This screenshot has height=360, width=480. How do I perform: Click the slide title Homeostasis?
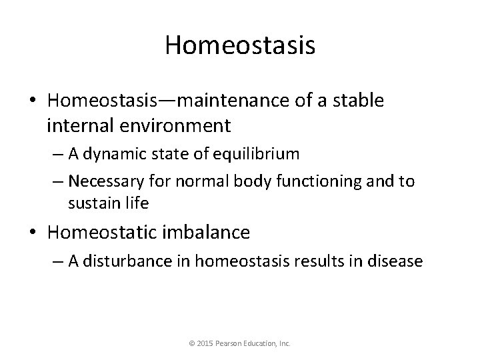pyautogui.click(x=240, y=45)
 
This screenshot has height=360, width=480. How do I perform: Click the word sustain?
pyautogui.click(x=94, y=203)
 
